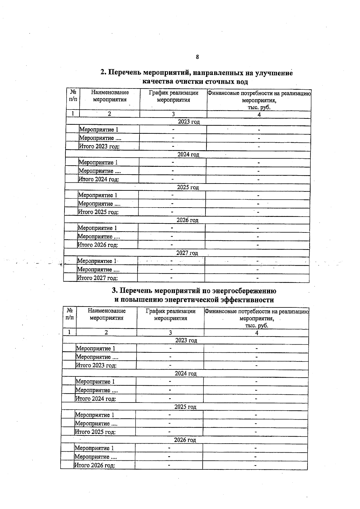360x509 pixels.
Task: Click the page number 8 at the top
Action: pyautogui.click(x=197, y=57)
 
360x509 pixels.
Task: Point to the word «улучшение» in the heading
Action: pyautogui.click(x=274, y=73)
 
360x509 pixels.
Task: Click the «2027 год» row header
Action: pyautogui.click(x=187, y=253)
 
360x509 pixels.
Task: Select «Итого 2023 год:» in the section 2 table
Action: pyautogui.click(x=99, y=147)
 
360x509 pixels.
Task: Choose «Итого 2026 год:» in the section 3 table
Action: pyautogui.click(x=94, y=466)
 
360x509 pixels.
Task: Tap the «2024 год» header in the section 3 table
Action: pyautogui.click(x=186, y=374)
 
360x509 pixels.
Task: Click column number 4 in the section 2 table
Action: pyautogui.click(x=259, y=114)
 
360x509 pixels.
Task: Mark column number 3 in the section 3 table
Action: pyautogui.click(x=170, y=333)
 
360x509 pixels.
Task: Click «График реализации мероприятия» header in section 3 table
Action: pyautogui.click(x=170, y=315)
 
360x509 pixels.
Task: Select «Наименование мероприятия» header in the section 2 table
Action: pyautogui.click(x=110, y=96)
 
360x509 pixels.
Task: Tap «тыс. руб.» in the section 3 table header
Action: pyautogui.click(x=256, y=326)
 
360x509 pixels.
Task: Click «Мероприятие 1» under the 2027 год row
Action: pyautogui.click(x=97, y=261)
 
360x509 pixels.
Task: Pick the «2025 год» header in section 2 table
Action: pyautogui.click(x=188, y=187)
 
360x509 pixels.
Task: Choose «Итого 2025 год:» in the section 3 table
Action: pyautogui.click(x=95, y=432)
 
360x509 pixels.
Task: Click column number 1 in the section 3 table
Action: pyautogui.click(x=69, y=332)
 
